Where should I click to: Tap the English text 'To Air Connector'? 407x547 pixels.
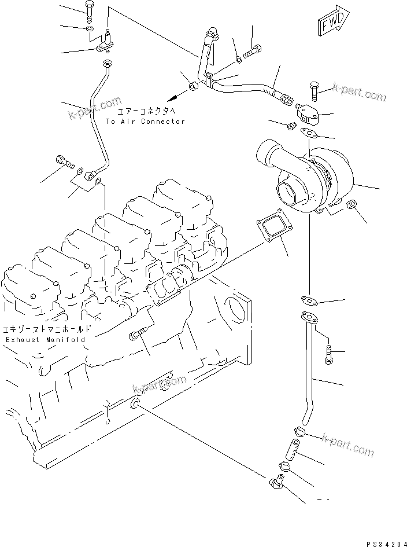point(145,122)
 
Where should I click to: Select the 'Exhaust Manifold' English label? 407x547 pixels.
point(45,340)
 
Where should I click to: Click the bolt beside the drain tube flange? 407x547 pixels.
point(329,354)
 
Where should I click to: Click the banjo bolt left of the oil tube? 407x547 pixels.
point(63,161)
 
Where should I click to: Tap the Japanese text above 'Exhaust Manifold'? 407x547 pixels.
point(45,327)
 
